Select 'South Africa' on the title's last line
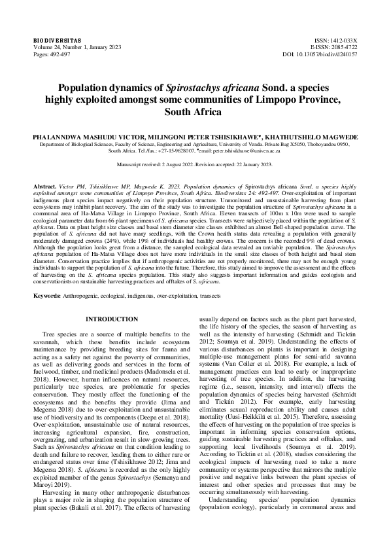194,112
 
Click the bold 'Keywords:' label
50,296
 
